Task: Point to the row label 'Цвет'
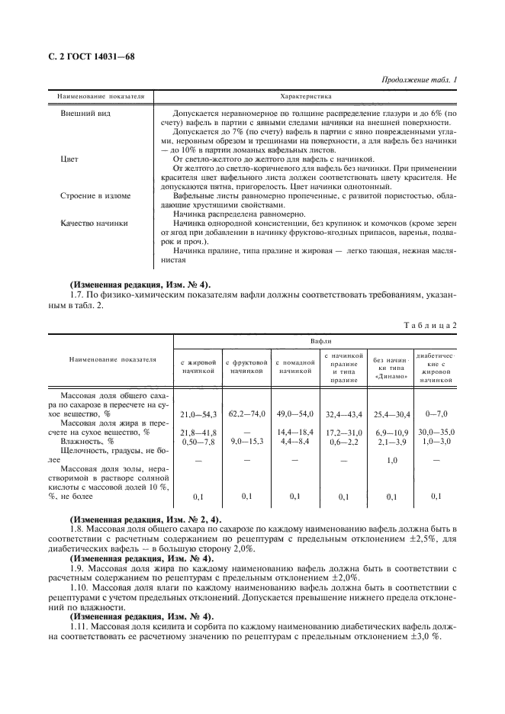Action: (69, 159)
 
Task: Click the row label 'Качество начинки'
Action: (94, 224)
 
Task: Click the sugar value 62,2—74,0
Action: (246, 413)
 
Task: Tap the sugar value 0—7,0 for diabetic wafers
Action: (436, 413)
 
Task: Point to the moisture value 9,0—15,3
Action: (246, 441)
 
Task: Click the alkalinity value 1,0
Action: (391, 460)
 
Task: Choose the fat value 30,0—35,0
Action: (436, 433)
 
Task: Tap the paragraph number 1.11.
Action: (79, 625)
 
